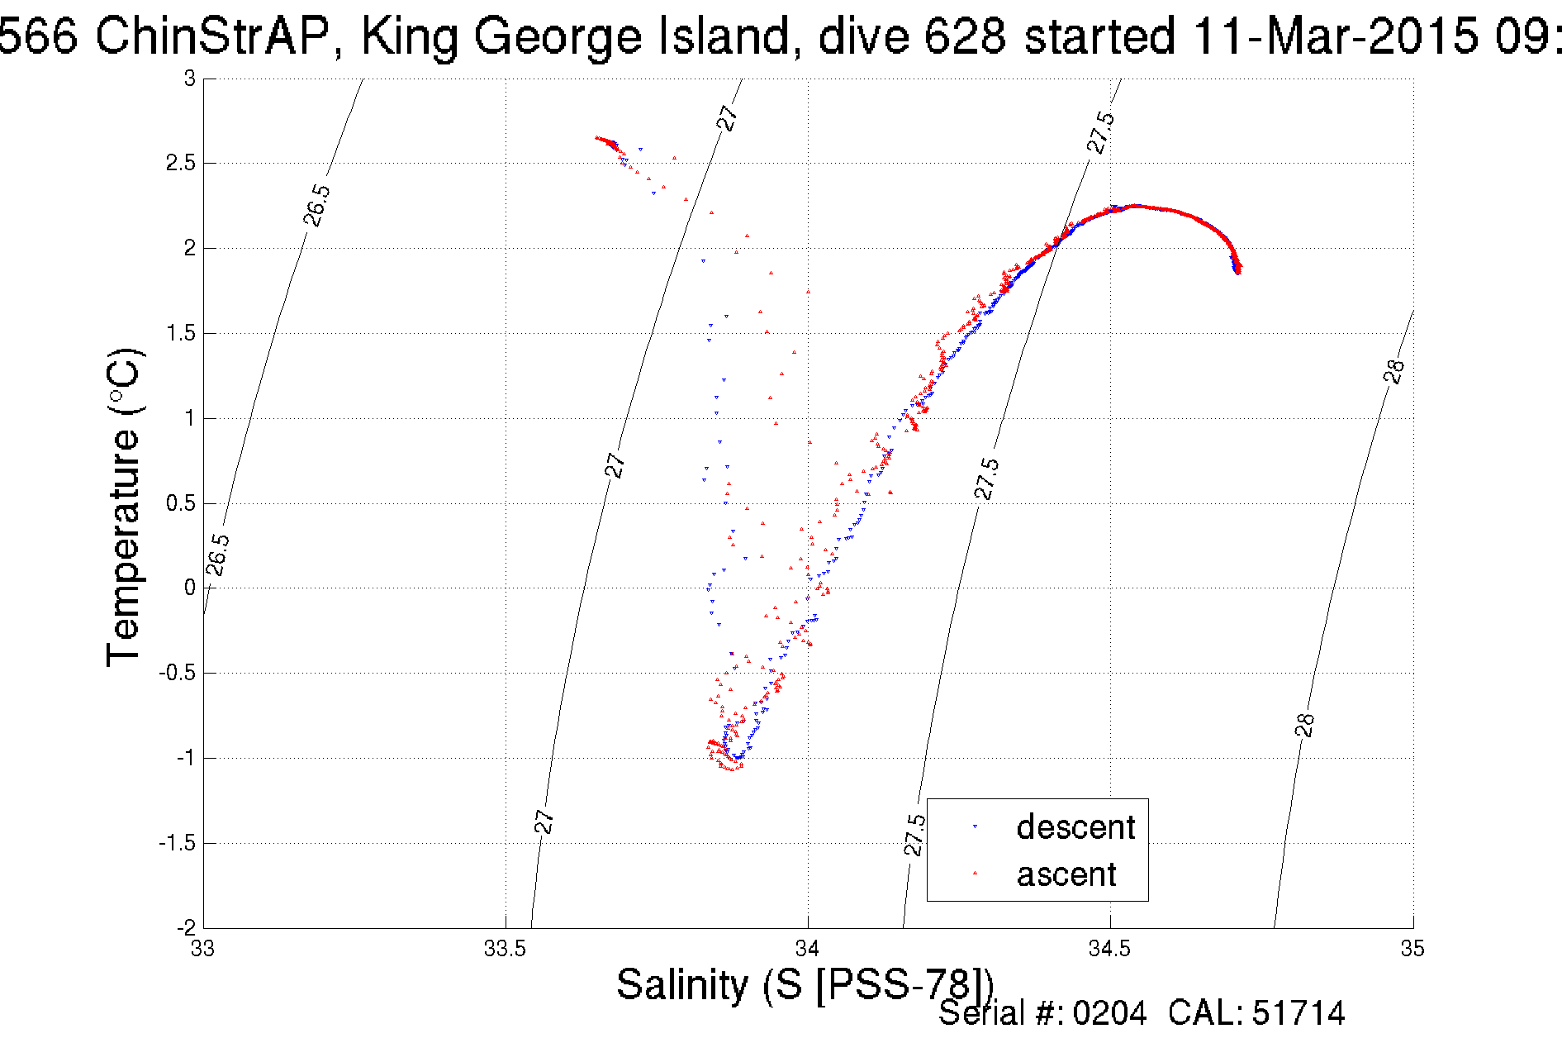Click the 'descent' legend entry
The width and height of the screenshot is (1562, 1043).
[1075, 827]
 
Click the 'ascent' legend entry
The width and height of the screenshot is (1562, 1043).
[1066, 874]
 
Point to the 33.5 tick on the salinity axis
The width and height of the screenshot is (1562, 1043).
[505, 949]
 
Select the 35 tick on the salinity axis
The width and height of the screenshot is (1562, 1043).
[1412, 949]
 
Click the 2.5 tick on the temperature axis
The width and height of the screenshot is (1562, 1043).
[180, 164]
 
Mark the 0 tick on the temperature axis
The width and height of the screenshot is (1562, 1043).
[190, 588]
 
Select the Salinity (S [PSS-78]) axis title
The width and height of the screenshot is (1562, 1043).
[805, 984]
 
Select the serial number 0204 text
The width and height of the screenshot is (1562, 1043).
[1109, 1013]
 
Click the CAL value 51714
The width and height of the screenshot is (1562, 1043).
[1299, 1013]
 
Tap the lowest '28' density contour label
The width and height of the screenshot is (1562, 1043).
[1304, 725]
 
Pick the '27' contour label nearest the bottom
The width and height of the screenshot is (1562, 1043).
[544, 822]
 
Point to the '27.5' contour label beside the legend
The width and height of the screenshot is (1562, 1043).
[914, 835]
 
